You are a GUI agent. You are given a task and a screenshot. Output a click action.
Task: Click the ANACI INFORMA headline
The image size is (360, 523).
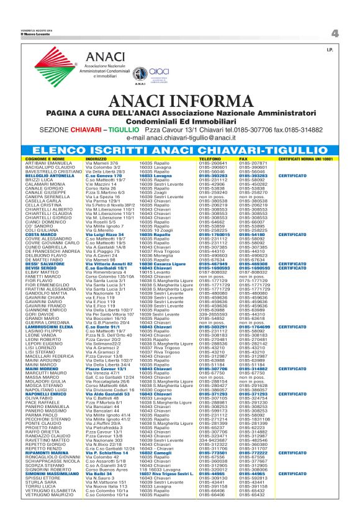pyautogui.click(x=180, y=102)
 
